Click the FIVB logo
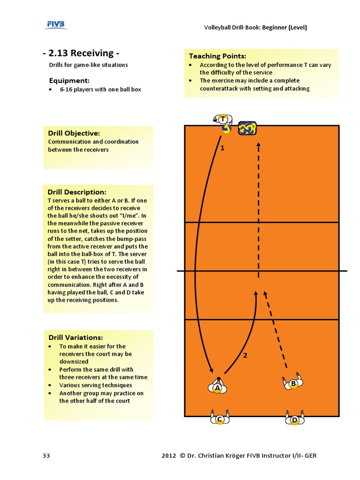point(56,25)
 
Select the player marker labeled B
point(293,382)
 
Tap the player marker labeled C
point(219,418)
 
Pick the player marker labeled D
point(294,418)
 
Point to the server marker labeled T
point(223,119)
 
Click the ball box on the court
point(247,128)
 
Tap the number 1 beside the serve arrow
point(223,148)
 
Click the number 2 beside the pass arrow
point(245,355)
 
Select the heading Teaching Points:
point(217,56)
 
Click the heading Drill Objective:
point(74,133)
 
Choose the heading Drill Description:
point(77,192)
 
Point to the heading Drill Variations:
point(75,337)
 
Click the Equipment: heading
point(69,81)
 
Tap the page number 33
point(46,456)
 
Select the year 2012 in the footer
point(169,456)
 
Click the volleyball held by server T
point(226,129)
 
